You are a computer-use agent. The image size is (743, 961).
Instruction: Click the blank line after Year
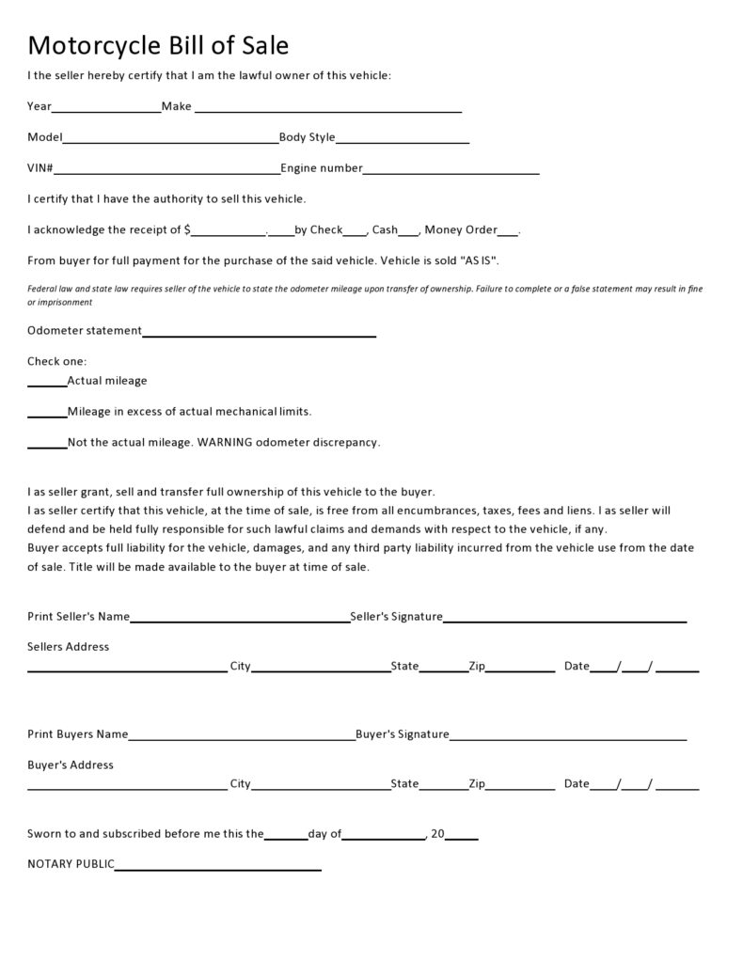pyautogui.click(x=106, y=110)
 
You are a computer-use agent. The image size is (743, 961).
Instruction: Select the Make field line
pyautogui.click(x=326, y=110)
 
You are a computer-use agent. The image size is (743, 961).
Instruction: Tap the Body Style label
pyautogui.click(x=307, y=137)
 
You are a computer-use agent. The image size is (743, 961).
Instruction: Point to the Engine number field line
pyautogui.click(x=451, y=172)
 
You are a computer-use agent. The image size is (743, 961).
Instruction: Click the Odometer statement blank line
pyautogui.click(x=259, y=334)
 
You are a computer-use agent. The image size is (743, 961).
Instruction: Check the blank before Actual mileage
pyautogui.click(x=47, y=385)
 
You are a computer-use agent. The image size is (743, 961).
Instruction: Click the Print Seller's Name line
pyautogui.click(x=240, y=621)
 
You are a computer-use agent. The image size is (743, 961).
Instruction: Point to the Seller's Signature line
pyautogui.click(x=564, y=621)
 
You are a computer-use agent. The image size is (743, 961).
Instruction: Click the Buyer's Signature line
pyautogui.click(x=568, y=738)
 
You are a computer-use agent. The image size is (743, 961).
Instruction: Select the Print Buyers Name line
pyautogui.click(x=242, y=738)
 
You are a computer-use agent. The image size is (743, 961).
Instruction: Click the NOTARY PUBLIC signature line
pyautogui.click(x=217, y=868)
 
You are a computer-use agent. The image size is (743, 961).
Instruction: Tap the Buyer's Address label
pyautogui.click(x=71, y=764)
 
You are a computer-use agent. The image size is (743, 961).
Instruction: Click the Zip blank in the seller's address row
pyautogui.click(x=520, y=670)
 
